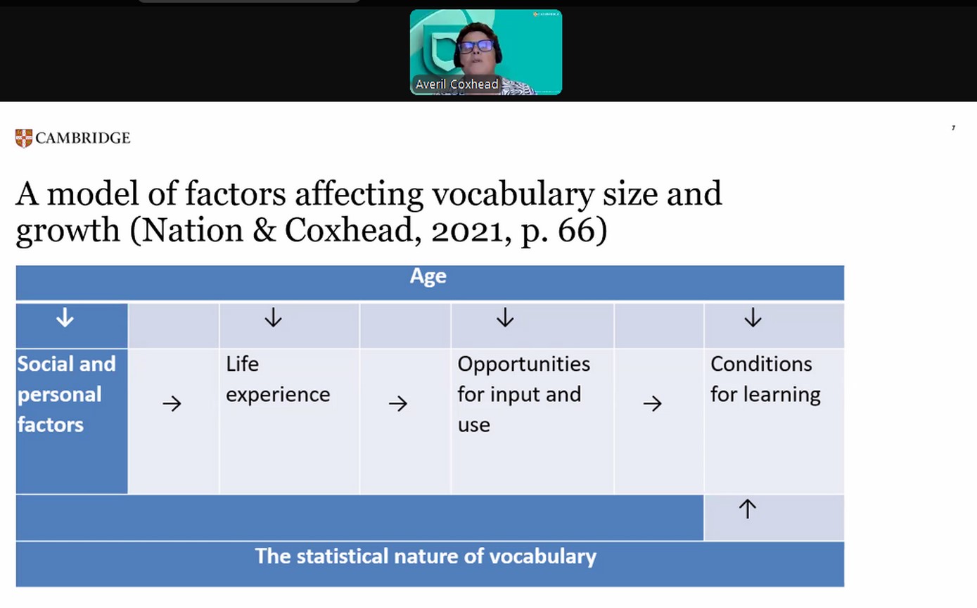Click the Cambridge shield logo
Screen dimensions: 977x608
pyautogui.click(x=23, y=139)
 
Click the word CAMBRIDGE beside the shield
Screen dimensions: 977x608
pyautogui.click(x=83, y=138)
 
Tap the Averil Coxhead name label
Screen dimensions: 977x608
pyautogui.click(x=456, y=84)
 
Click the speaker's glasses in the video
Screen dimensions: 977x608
pyautogui.click(x=475, y=46)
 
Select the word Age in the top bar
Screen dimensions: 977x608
pyautogui.click(x=428, y=277)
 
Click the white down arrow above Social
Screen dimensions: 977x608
pyautogui.click(x=65, y=317)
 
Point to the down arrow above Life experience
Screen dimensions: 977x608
pyautogui.click(x=273, y=317)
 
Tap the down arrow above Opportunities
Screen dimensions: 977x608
pyautogui.click(x=505, y=317)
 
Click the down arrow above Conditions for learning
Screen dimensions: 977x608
pyautogui.click(x=753, y=317)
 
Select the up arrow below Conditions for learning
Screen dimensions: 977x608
pyautogui.click(x=747, y=509)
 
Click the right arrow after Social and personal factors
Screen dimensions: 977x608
pyautogui.click(x=172, y=404)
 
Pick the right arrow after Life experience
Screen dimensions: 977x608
pyautogui.click(x=398, y=404)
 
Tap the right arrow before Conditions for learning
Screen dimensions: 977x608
pyautogui.click(x=653, y=404)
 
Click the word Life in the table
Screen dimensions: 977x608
pyautogui.click(x=242, y=364)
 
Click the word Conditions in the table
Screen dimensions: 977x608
pyautogui.click(x=761, y=364)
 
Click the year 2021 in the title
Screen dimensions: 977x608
pyautogui.click(x=466, y=230)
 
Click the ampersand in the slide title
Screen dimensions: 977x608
pyautogui.click(x=264, y=230)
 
